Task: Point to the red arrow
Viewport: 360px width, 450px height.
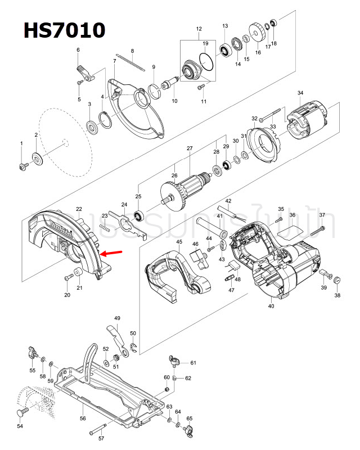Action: tap(112, 254)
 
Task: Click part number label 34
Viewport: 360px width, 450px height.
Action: tap(300, 93)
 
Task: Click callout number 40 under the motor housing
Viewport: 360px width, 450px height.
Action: tap(271, 307)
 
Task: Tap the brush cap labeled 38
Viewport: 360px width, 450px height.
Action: tap(337, 281)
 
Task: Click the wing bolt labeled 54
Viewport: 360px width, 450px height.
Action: tap(22, 414)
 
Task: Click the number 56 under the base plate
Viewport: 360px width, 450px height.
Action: tap(83, 418)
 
